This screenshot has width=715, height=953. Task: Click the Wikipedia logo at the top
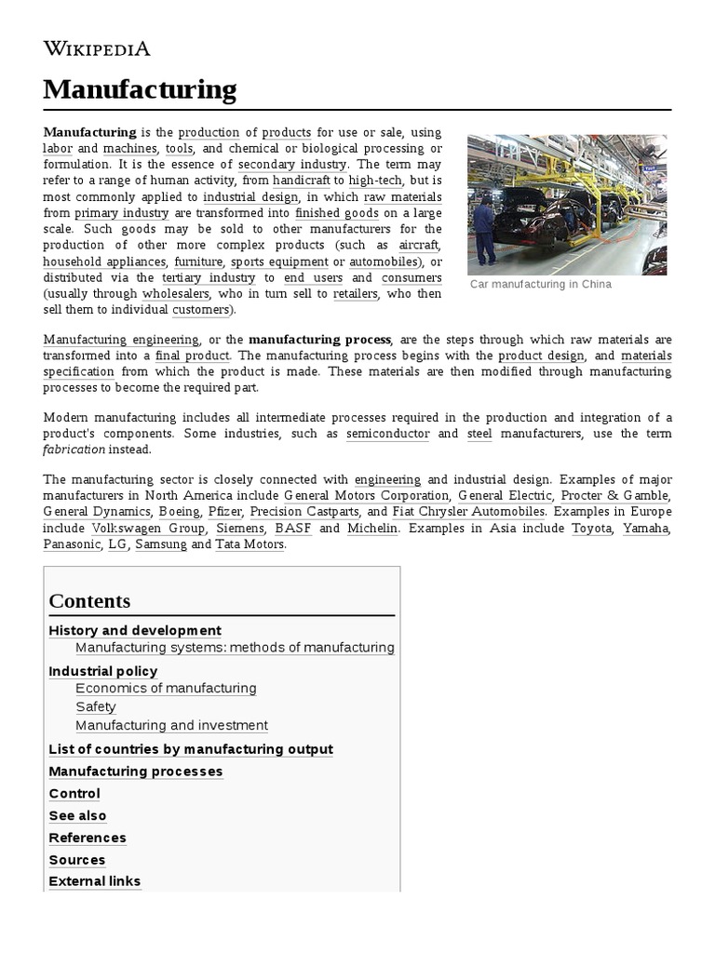[97, 48]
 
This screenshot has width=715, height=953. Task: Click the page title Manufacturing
[140, 90]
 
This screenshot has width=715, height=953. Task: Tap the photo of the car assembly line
[567, 204]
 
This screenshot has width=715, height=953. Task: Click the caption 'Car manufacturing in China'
[541, 285]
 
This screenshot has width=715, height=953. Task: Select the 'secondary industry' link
[293, 165]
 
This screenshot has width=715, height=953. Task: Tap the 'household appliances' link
[104, 262]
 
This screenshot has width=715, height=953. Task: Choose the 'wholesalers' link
[176, 294]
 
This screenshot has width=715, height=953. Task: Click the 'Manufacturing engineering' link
[121, 340]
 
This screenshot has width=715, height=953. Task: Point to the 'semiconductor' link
[387, 434]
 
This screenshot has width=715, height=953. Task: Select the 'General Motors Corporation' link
[366, 496]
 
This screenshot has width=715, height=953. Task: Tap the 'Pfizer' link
[224, 512]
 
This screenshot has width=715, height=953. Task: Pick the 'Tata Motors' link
[250, 544]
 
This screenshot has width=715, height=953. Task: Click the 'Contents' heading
[90, 600]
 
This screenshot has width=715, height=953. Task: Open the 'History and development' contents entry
[135, 631]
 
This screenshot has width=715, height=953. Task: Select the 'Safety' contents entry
[96, 707]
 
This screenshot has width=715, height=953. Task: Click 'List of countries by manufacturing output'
[190, 749]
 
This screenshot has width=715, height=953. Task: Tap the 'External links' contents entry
[95, 881]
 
